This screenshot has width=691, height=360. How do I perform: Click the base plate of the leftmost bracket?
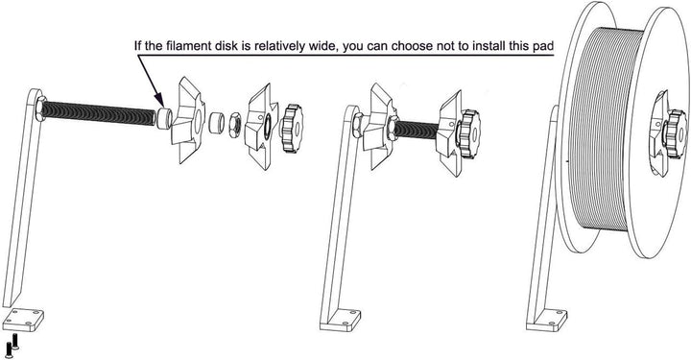point(23,320)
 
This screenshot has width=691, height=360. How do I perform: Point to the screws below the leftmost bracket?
point(12,347)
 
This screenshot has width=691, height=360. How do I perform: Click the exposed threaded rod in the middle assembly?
point(414,127)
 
